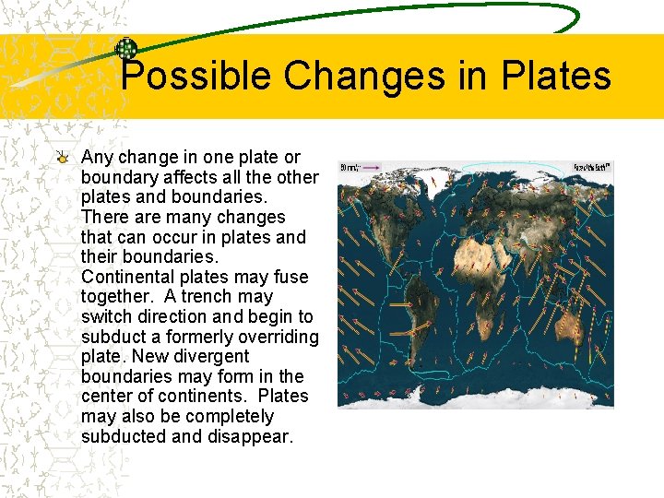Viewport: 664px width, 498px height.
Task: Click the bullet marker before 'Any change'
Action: point(62,157)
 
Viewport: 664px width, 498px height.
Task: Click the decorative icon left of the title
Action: point(126,49)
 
